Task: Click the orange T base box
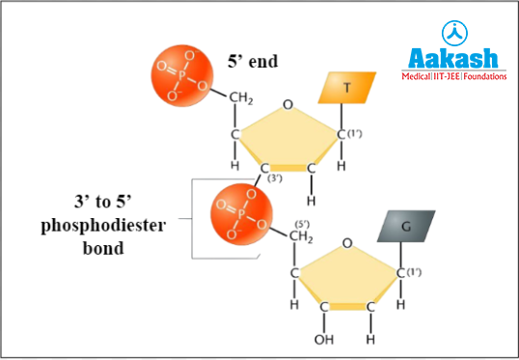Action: (x=346, y=89)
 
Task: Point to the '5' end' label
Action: (x=252, y=61)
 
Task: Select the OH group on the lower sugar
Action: (x=321, y=341)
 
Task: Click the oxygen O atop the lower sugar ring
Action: (x=348, y=244)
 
